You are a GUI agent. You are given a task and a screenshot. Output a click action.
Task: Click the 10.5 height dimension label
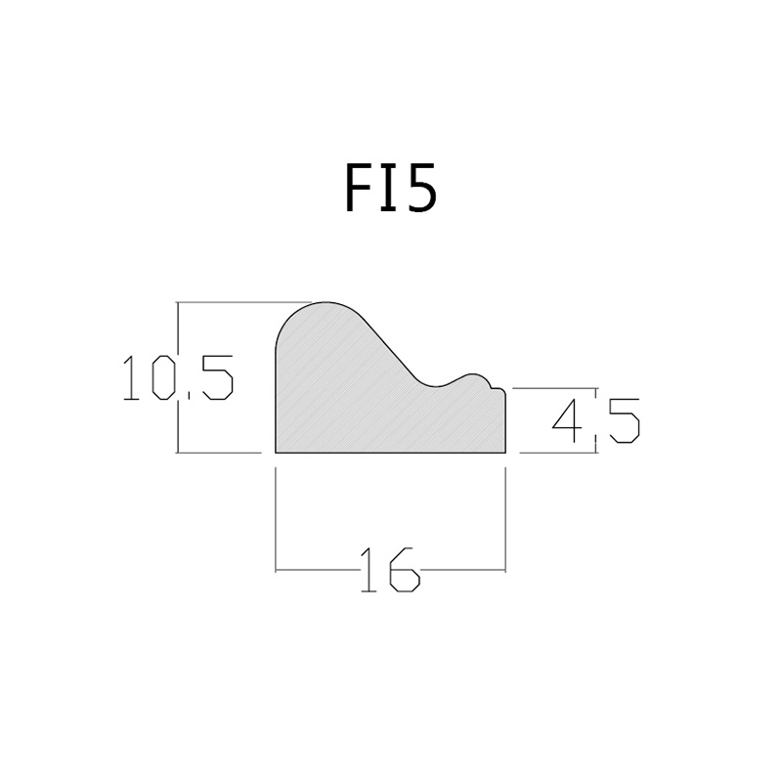click(178, 377)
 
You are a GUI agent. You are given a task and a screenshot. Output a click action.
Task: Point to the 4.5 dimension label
click(596, 420)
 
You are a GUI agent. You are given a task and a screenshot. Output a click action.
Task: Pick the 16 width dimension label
click(390, 570)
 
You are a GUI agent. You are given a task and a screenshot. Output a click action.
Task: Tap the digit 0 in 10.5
click(163, 377)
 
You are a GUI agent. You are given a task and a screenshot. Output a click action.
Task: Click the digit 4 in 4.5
click(567, 420)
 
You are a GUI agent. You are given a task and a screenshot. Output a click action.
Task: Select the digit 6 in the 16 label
click(405, 570)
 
